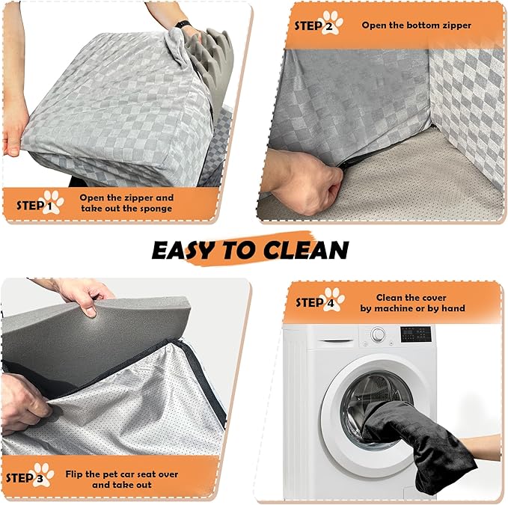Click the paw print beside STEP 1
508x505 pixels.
coord(53,202)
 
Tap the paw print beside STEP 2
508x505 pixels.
coord(332,22)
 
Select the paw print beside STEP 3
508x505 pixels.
coord(43,475)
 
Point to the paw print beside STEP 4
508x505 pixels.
coord(334,299)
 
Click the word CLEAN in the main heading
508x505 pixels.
coord(306,250)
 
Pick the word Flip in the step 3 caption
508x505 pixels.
coord(73,474)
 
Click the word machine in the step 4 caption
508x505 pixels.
coord(394,308)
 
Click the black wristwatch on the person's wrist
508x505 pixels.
coord(183,24)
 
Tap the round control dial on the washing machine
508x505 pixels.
coord(378,334)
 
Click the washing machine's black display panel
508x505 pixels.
coord(416,334)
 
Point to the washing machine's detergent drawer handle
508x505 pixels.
coord(335,341)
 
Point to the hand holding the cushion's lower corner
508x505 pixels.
coord(13,126)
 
